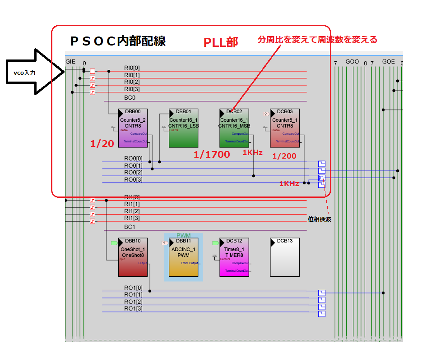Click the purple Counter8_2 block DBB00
[133, 128]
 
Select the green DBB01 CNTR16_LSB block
[183, 128]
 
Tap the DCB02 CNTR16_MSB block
[234, 128]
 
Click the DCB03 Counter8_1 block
[284, 128]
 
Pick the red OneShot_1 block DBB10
[133, 257]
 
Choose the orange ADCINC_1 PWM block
[183, 257]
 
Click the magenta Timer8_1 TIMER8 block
[234, 257]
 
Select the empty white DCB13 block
[284, 257]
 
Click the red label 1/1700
[212, 155]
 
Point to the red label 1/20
[102, 144]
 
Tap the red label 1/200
[284, 155]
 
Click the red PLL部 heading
[221, 42]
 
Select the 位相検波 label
[319, 219]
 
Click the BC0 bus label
[130, 97]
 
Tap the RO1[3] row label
[133, 309]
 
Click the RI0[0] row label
[132, 68]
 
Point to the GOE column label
[388, 62]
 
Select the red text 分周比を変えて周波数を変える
[317, 40]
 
